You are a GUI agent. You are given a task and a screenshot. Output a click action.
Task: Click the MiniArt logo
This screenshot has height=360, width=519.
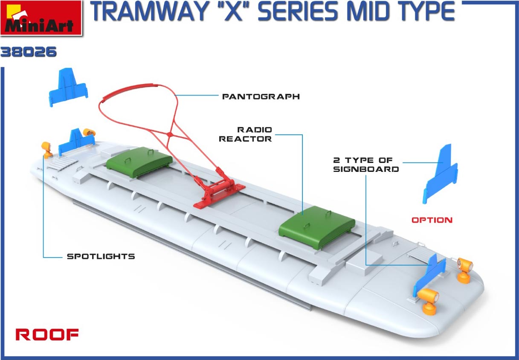click(x=41, y=18)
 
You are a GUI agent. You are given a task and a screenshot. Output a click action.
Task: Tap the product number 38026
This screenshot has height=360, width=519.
click(x=29, y=52)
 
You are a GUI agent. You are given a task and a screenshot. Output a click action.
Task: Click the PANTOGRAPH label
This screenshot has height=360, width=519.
click(x=261, y=96)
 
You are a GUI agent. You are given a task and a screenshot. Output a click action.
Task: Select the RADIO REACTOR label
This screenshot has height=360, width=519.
click(x=245, y=134)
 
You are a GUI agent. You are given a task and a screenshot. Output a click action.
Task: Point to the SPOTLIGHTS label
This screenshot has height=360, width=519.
click(x=101, y=256)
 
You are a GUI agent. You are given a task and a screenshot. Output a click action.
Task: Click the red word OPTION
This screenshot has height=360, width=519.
click(x=432, y=220)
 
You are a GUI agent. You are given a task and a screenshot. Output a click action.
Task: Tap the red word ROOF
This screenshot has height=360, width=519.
click(x=47, y=334)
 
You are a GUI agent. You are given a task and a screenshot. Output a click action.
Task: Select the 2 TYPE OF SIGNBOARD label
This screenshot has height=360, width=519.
click(x=366, y=165)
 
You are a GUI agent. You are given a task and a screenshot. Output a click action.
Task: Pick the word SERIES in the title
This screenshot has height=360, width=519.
click(x=298, y=12)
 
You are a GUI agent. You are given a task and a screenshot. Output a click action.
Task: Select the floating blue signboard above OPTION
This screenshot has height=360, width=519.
click(x=440, y=174)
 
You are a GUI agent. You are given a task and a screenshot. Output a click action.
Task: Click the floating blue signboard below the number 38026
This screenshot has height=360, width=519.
click(x=68, y=87)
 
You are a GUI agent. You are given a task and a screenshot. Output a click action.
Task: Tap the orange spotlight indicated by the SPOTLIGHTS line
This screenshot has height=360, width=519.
click(x=47, y=150)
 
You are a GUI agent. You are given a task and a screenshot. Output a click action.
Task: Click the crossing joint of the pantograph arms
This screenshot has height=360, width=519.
click(x=169, y=134)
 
